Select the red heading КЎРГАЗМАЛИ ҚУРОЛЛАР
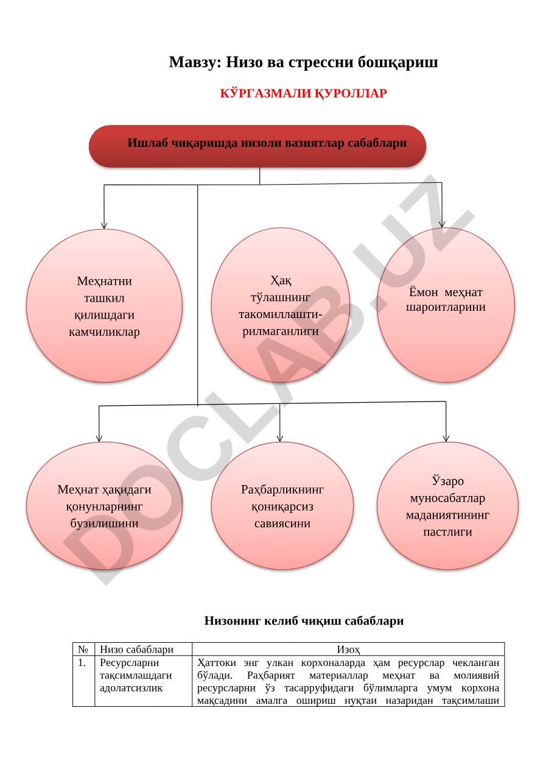pos(303,93)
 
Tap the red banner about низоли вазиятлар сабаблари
pos(257,146)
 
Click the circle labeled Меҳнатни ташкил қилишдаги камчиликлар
pos(104,305)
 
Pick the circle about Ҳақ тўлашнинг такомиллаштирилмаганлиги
pos(281,305)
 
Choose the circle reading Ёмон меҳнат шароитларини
pos(446,305)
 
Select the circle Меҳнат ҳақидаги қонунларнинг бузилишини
pos(104,506)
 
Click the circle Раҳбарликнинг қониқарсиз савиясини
pos(282,506)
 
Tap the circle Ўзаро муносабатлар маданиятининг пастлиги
pos(447,506)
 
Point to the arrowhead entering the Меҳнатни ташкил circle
pos(104,226)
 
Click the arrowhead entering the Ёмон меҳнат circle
pos(442,224)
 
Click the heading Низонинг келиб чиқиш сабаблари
pos(304,620)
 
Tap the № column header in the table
pos(83,649)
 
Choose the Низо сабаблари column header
pos(136,649)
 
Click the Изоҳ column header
pos(348,649)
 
